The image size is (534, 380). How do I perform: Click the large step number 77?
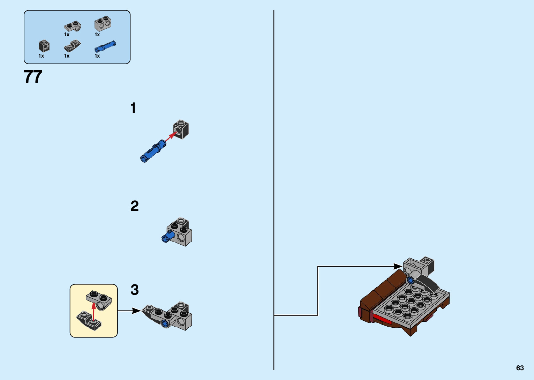point(33,76)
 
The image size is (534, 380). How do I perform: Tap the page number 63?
point(520,368)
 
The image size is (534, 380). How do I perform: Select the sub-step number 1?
point(133,108)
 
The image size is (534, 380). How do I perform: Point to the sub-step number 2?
point(135,206)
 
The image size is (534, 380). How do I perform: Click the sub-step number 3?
point(135,290)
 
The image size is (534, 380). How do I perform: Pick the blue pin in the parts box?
point(105,46)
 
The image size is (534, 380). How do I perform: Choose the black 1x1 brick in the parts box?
point(44,46)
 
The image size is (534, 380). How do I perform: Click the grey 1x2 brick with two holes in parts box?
point(103,24)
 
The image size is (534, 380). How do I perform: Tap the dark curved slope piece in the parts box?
point(72,46)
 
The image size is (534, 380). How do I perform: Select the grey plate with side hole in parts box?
point(72,26)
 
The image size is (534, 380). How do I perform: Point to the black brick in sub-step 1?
point(181,129)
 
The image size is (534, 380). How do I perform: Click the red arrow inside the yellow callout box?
point(93,311)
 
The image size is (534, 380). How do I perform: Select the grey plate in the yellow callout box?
point(99,300)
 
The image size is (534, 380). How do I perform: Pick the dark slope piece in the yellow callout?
point(89,320)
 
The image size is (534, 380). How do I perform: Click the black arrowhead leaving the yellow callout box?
point(137,311)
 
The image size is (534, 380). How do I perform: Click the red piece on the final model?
point(382,319)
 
